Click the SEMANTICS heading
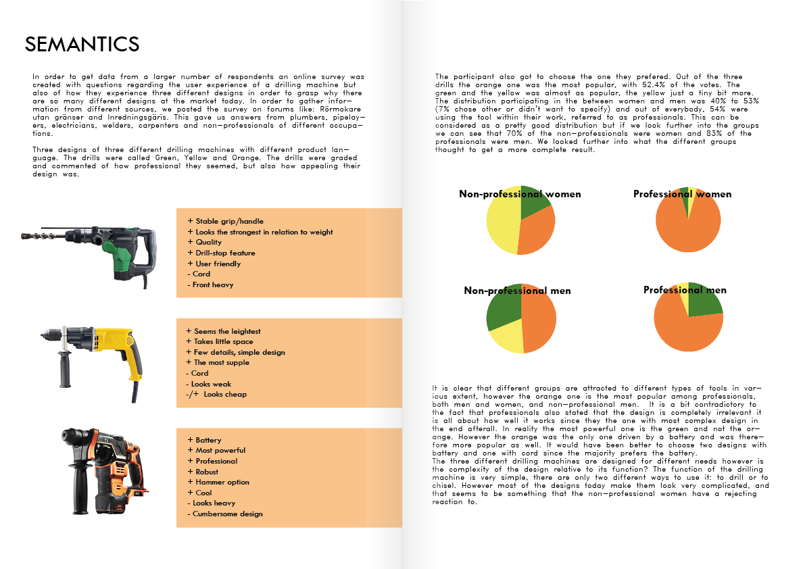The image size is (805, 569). point(82,45)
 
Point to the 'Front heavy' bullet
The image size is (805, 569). point(213,284)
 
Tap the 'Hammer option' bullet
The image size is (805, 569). point(222,482)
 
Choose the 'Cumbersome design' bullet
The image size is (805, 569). point(227,514)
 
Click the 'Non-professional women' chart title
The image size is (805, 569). point(520,195)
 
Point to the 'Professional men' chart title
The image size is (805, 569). point(685,291)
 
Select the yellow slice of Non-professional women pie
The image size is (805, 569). point(503,220)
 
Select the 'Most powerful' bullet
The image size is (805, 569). point(220,450)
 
